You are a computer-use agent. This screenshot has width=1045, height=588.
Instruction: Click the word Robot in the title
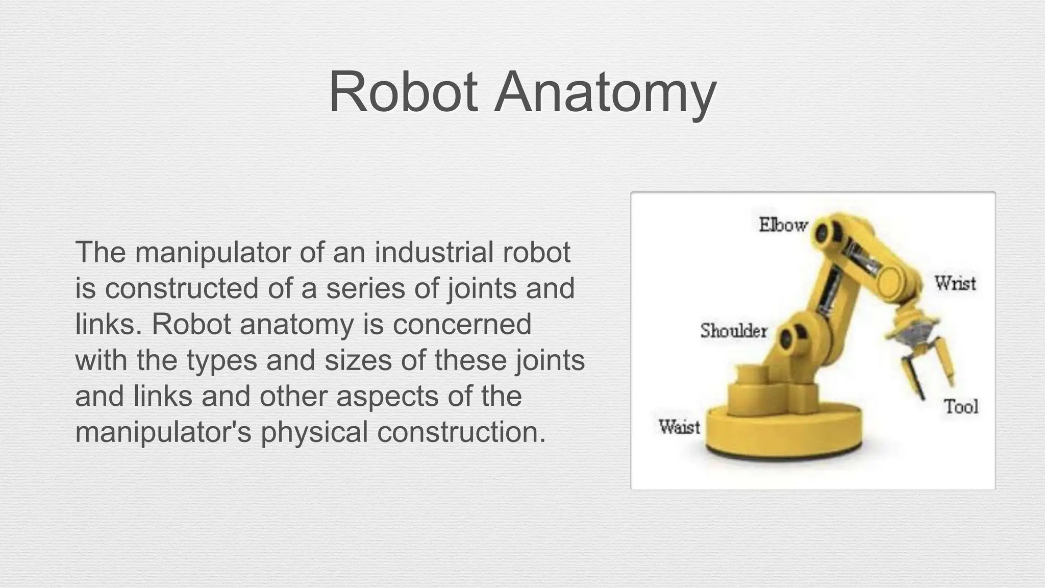pyautogui.click(x=403, y=92)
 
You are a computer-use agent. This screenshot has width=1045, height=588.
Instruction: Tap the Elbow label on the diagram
pyautogui.click(x=783, y=225)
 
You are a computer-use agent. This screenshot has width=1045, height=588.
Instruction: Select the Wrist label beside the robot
pyautogui.click(x=955, y=283)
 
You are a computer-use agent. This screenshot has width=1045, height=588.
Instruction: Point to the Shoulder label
pyautogui.click(x=734, y=331)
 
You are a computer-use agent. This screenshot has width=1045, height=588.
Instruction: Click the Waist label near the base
pyautogui.click(x=679, y=426)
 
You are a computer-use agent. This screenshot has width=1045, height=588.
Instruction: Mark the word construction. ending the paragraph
pyautogui.click(x=462, y=432)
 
